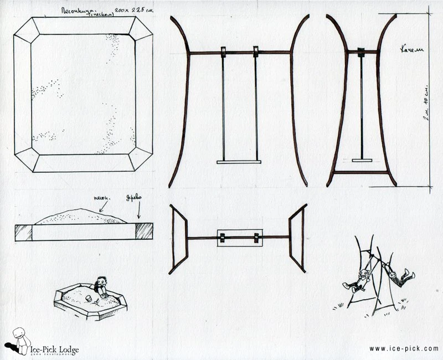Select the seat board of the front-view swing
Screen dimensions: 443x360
[x=239, y=162]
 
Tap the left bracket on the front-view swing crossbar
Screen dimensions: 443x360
[x=223, y=52]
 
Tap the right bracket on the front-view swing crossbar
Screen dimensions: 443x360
[x=256, y=52]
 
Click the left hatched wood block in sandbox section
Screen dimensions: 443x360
[x=24, y=232]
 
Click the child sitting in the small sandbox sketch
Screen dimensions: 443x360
[x=101, y=286]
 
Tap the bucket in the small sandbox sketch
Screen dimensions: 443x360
[x=88, y=299]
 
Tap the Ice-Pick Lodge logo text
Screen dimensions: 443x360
[x=54, y=349]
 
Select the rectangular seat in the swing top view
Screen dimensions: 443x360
[x=239, y=238]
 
